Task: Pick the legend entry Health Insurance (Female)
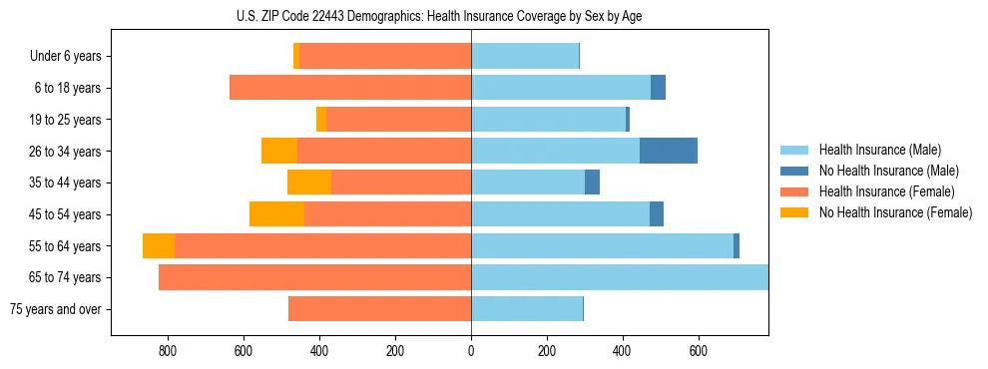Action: (x=886, y=191)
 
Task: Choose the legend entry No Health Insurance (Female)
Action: (x=895, y=212)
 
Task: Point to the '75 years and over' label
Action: (x=56, y=309)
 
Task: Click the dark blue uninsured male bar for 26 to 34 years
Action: (x=669, y=151)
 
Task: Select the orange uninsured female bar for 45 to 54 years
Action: (x=276, y=214)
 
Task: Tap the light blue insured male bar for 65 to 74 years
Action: (x=619, y=277)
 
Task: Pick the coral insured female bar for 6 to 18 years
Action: (x=350, y=88)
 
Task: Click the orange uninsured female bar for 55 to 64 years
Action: (x=159, y=245)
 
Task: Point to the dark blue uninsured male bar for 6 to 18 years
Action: (x=658, y=88)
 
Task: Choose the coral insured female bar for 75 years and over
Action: (x=379, y=309)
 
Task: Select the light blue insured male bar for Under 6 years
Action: (x=525, y=56)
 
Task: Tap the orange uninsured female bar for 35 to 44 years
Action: (x=309, y=183)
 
